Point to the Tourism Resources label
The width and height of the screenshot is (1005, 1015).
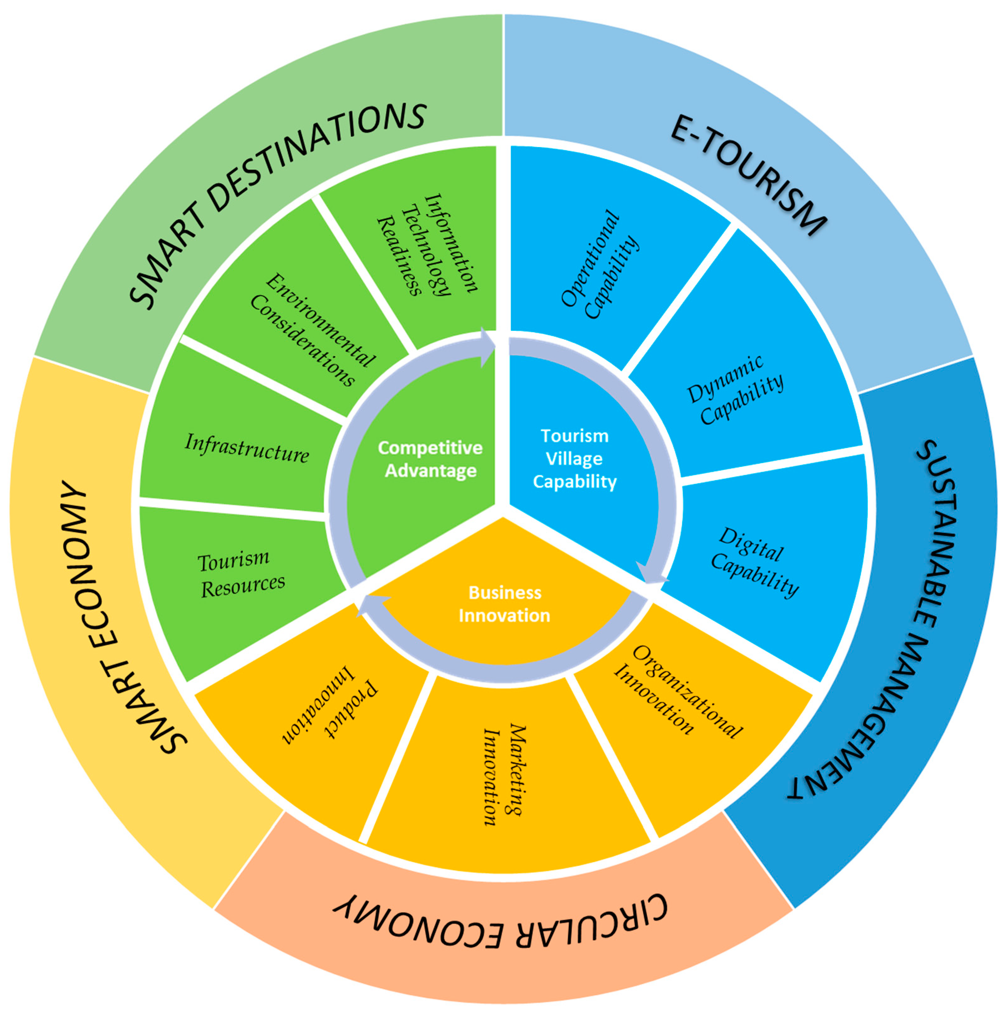point(240,575)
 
